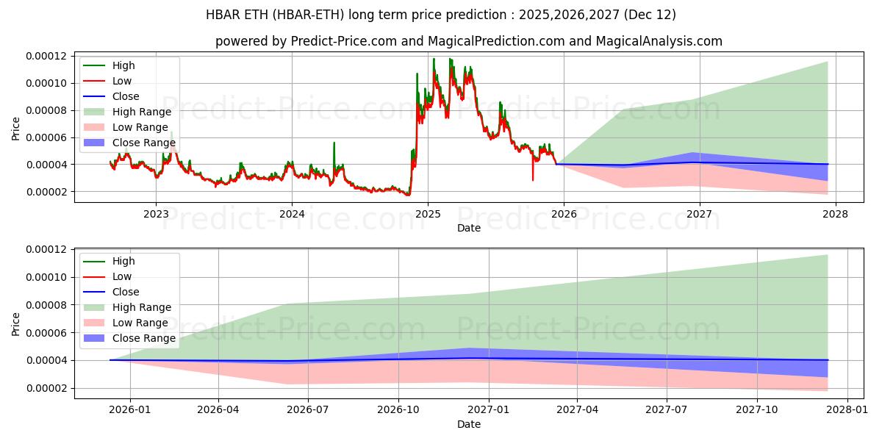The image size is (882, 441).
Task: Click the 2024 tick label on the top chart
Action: (292, 215)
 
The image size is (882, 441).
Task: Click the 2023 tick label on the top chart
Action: (156, 215)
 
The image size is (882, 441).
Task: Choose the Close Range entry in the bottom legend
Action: (143, 338)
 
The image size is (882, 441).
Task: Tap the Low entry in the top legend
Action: (122, 81)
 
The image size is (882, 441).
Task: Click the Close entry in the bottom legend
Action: (125, 292)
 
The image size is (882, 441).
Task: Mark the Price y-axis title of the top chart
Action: (16, 128)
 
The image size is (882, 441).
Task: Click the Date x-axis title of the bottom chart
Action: (469, 424)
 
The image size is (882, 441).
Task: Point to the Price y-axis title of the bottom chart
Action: (16, 323)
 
